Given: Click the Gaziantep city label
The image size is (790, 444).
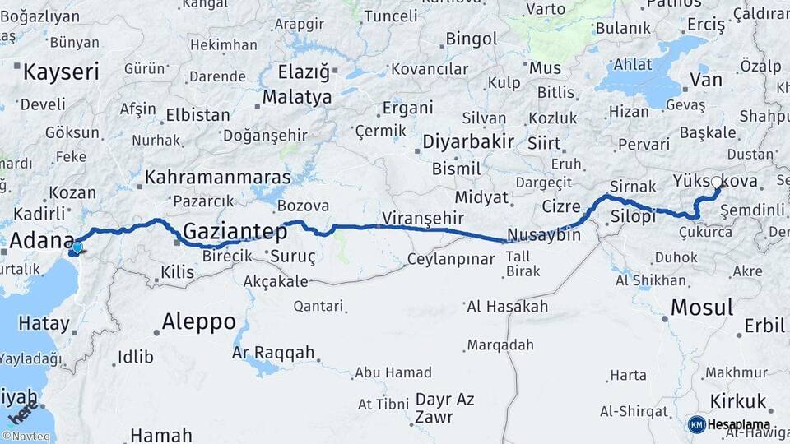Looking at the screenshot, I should click(229, 231).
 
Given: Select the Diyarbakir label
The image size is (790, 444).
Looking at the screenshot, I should click(468, 141).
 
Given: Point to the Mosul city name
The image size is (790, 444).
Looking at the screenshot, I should click(701, 308).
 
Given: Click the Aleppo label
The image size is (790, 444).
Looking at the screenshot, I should click(199, 321).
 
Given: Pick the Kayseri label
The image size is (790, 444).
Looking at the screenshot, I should click(61, 72).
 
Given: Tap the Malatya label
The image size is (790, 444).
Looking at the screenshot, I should click(296, 98).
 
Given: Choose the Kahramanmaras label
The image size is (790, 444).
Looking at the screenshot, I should click(218, 177).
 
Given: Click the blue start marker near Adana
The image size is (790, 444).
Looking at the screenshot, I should click(77, 247).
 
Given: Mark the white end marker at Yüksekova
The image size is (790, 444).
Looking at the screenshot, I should click(716, 183).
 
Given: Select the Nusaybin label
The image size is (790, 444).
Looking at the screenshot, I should click(544, 234).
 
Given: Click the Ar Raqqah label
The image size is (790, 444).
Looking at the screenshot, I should click(273, 353).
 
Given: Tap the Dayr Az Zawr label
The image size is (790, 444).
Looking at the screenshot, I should click(444, 408).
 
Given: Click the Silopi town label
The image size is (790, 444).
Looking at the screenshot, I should click(634, 217).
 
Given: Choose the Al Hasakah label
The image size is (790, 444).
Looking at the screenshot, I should click(507, 307).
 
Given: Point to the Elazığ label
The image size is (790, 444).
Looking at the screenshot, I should click(303, 72).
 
